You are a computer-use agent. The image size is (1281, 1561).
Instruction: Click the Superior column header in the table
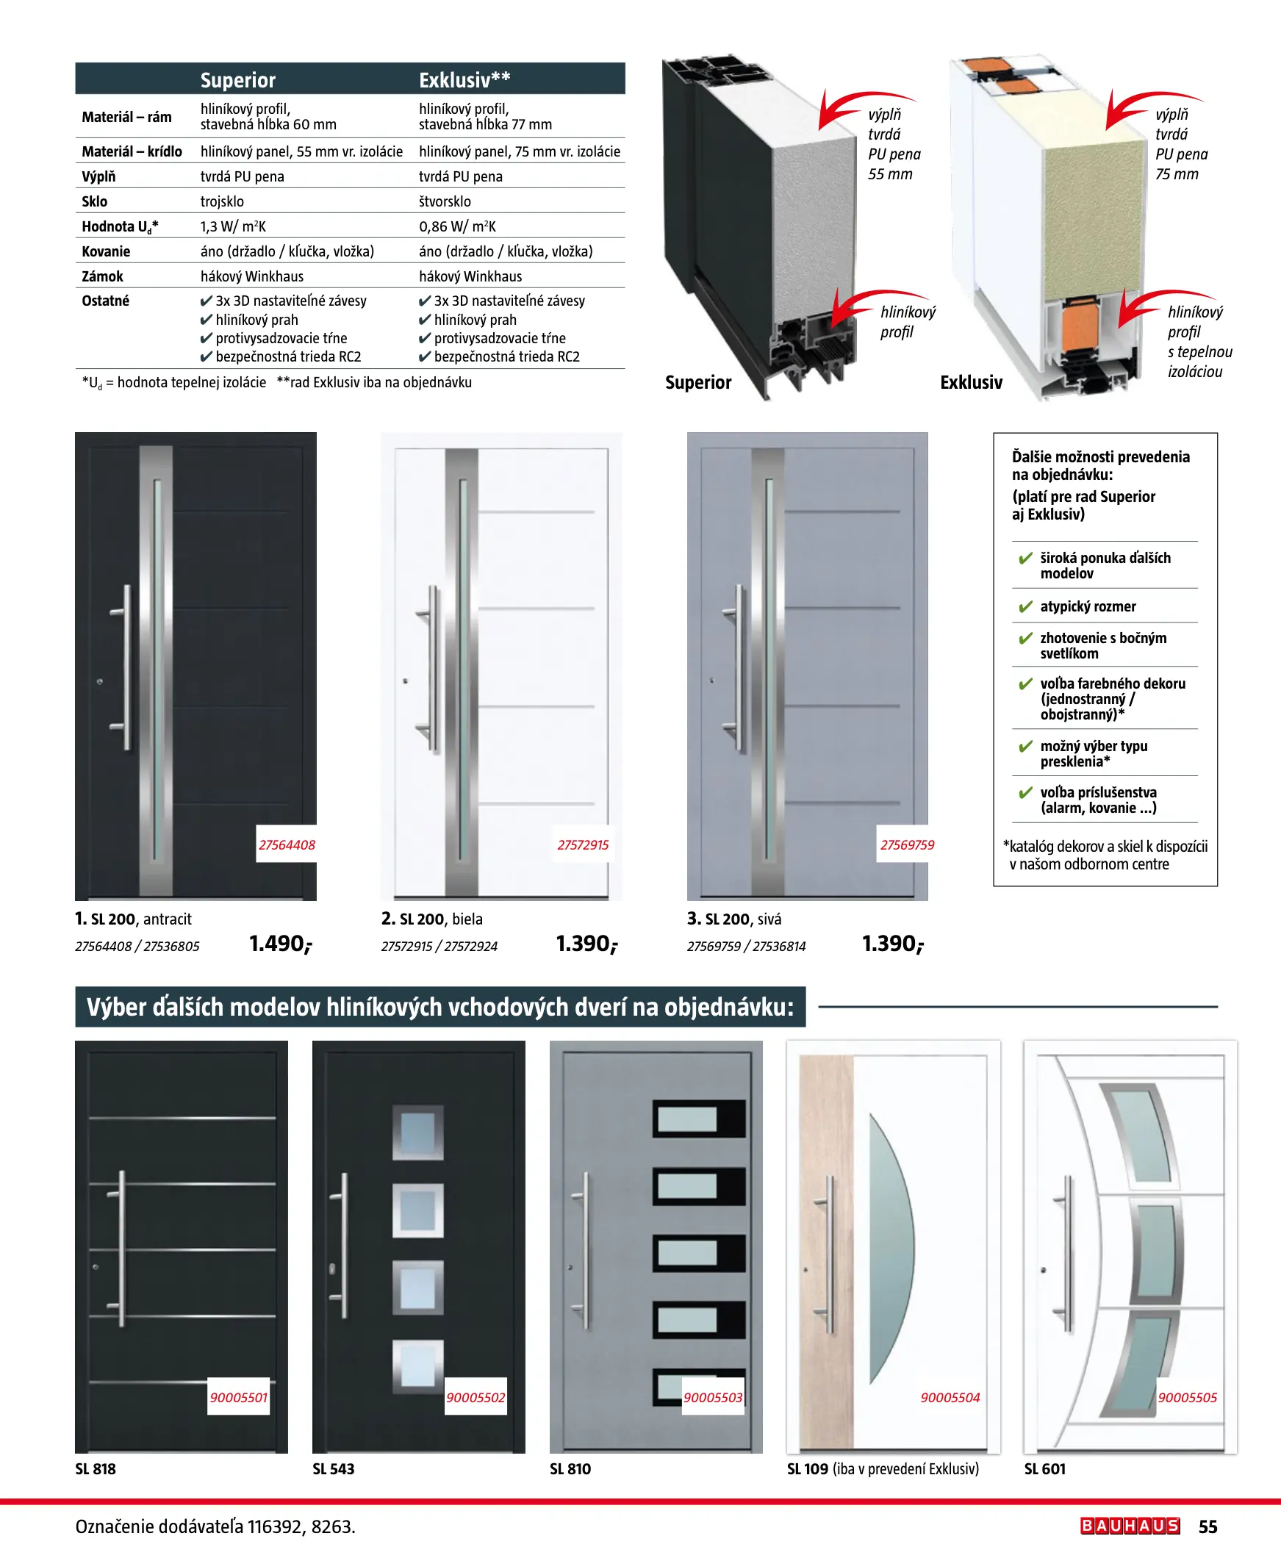pyautogui.click(x=237, y=79)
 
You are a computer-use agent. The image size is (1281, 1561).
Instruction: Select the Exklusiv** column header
pyautogui.click(x=464, y=79)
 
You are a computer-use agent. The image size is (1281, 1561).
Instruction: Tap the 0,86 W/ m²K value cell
pyautogui.click(x=457, y=226)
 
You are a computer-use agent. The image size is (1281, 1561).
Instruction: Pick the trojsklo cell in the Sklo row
pyautogui.click(x=222, y=201)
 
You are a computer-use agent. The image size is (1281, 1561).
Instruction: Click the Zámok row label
pyautogui.click(x=103, y=276)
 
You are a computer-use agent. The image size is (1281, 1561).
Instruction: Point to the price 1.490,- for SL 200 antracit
pyautogui.click(x=281, y=944)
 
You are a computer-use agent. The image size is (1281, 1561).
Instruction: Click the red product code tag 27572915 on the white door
pyautogui.click(x=583, y=844)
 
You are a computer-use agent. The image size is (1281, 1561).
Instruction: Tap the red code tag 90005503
pyautogui.click(x=713, y=1397)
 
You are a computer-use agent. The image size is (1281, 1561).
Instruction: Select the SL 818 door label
pyautogui.click(x=96, y=1469)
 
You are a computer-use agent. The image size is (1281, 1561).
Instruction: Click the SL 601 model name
pyautogui.click(x=1045, y=1469)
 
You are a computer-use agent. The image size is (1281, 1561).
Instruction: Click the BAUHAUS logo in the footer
pyautogui.click(x=1130, y=1526)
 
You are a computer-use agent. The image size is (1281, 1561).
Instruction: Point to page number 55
pyautogui.click(x=1208, y=1526)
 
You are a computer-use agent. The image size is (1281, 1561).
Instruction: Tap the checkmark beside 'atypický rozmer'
pyautogui.click(x=1025, y=607)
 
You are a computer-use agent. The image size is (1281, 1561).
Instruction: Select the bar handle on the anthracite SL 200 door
pyautogui.click(x=127, y=667)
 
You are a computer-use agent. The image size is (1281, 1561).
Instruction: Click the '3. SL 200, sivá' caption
pyautogui.click(x=734, y=919)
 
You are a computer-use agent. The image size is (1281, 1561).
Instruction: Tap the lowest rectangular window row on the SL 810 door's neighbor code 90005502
pyautogui.click(x=476, y=1397)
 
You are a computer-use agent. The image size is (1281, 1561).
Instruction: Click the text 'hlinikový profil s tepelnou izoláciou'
pyautogui.click(x=1199, y=342)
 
